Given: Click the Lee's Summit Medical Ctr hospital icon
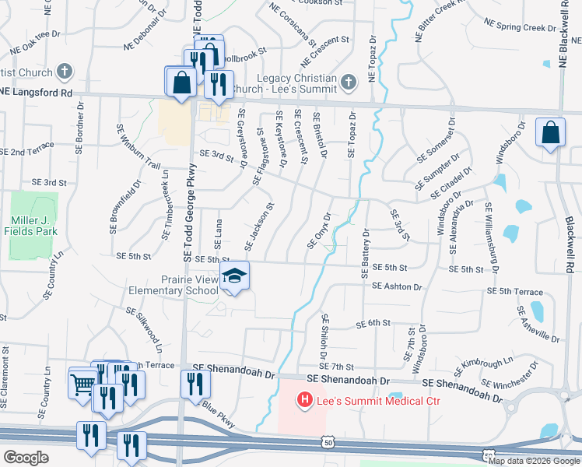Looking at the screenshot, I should point(305,400).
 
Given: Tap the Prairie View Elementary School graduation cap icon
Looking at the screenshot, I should point(234,277).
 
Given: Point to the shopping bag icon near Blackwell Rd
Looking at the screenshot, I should point(550,133).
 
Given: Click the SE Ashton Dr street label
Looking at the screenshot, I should point(397,286).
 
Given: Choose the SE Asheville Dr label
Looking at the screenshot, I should point(538,324).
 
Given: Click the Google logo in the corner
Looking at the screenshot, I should point(26,458).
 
